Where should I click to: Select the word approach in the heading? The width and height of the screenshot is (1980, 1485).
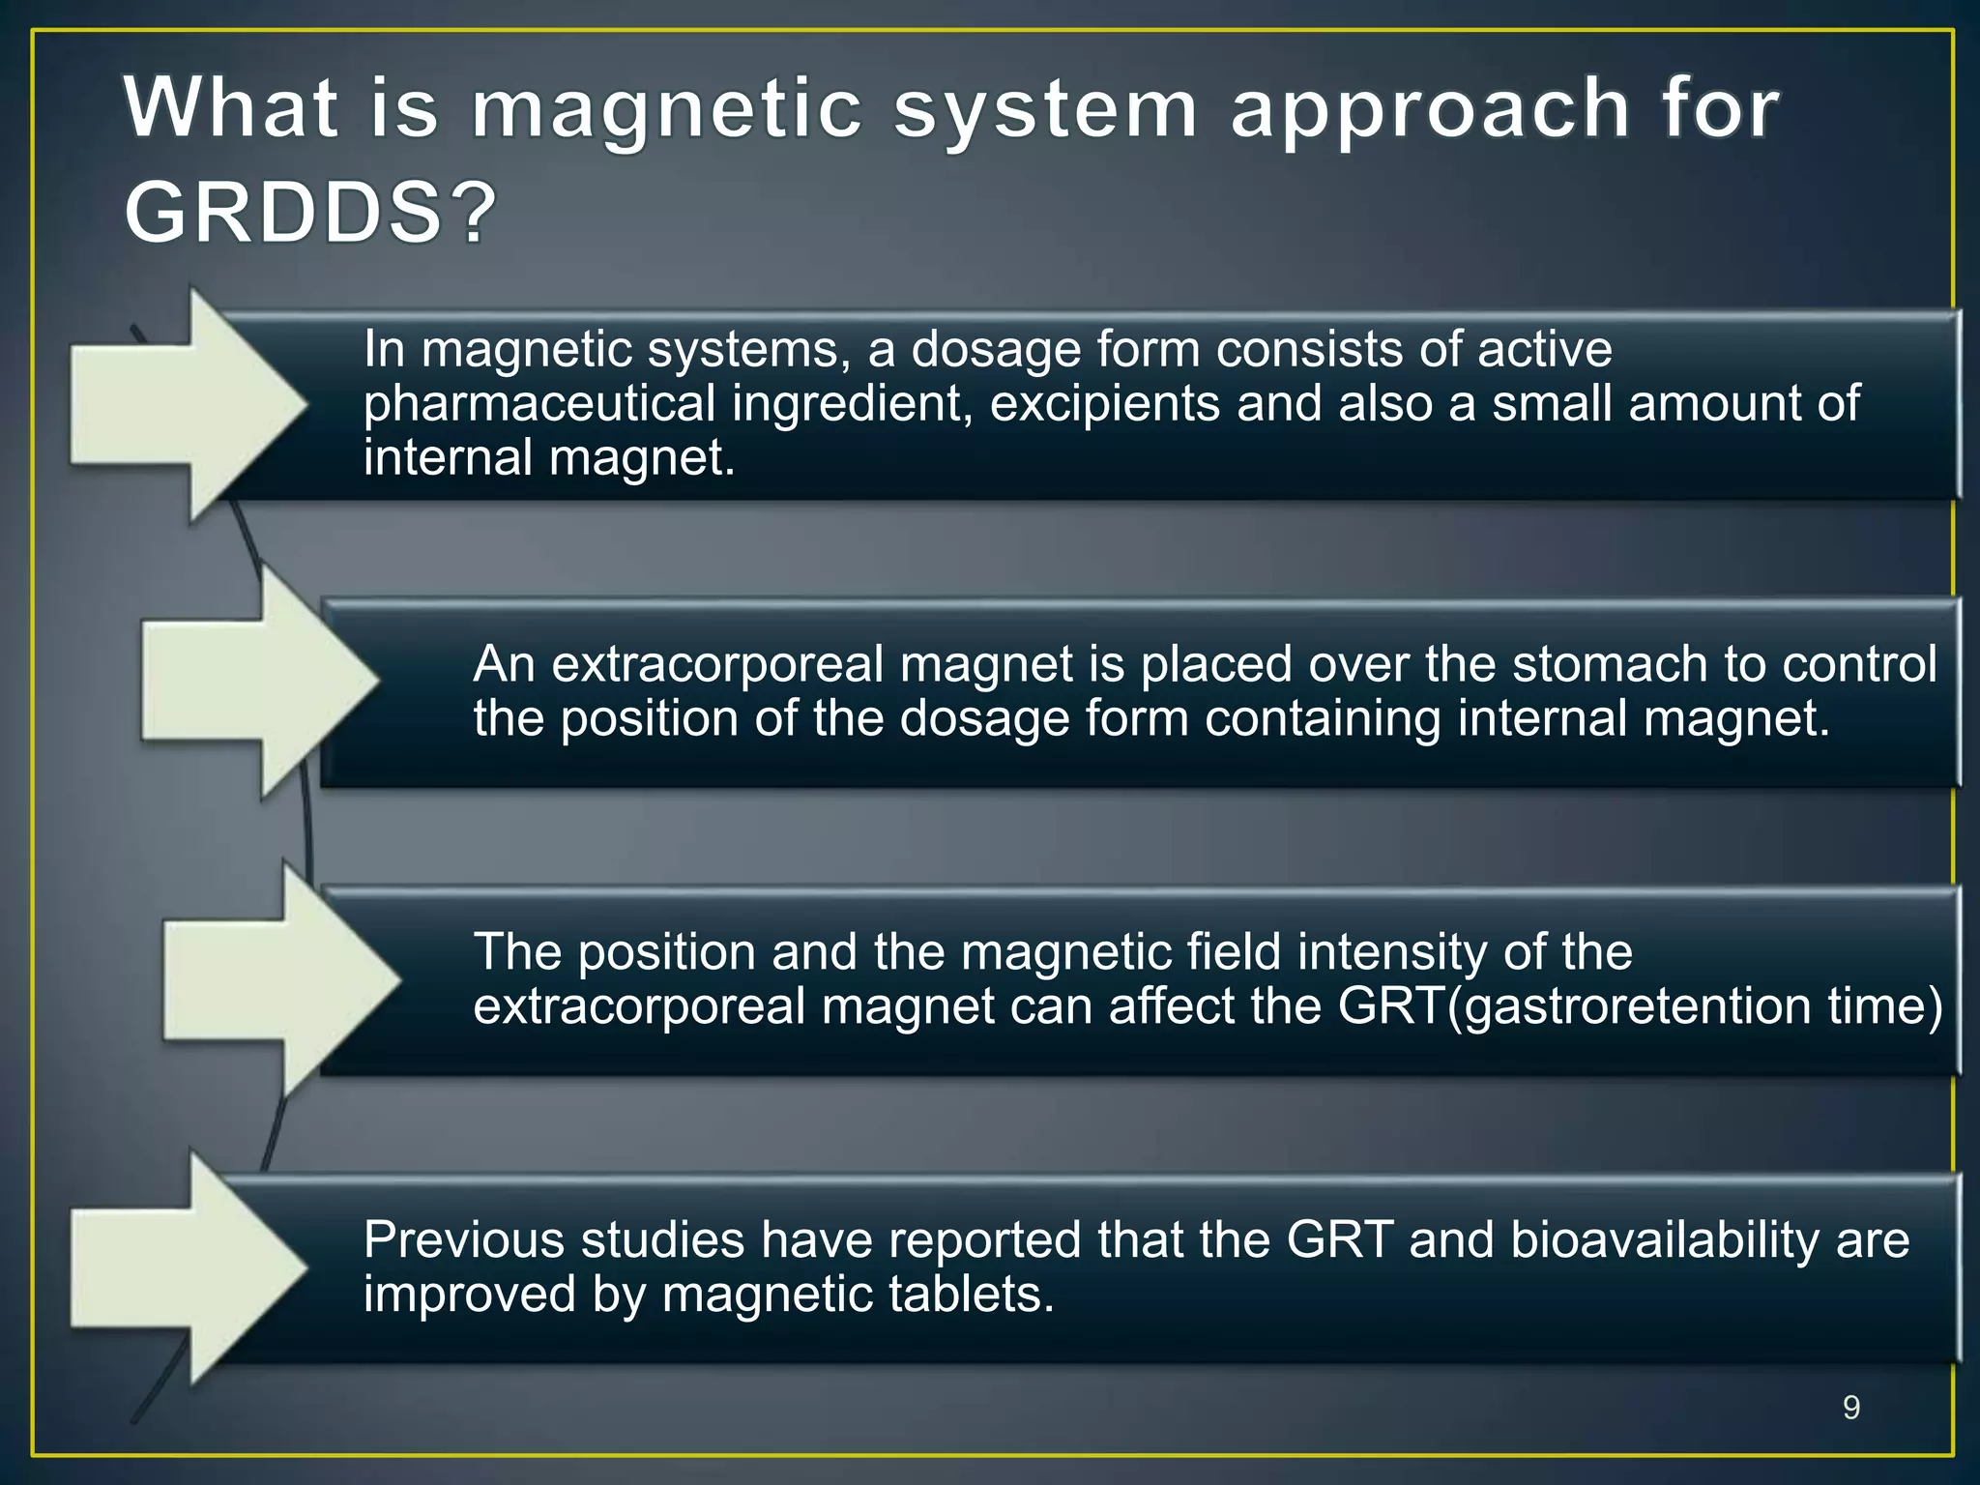click(1430, 111)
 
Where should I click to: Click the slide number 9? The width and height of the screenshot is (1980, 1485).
click(1850, 1408)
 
